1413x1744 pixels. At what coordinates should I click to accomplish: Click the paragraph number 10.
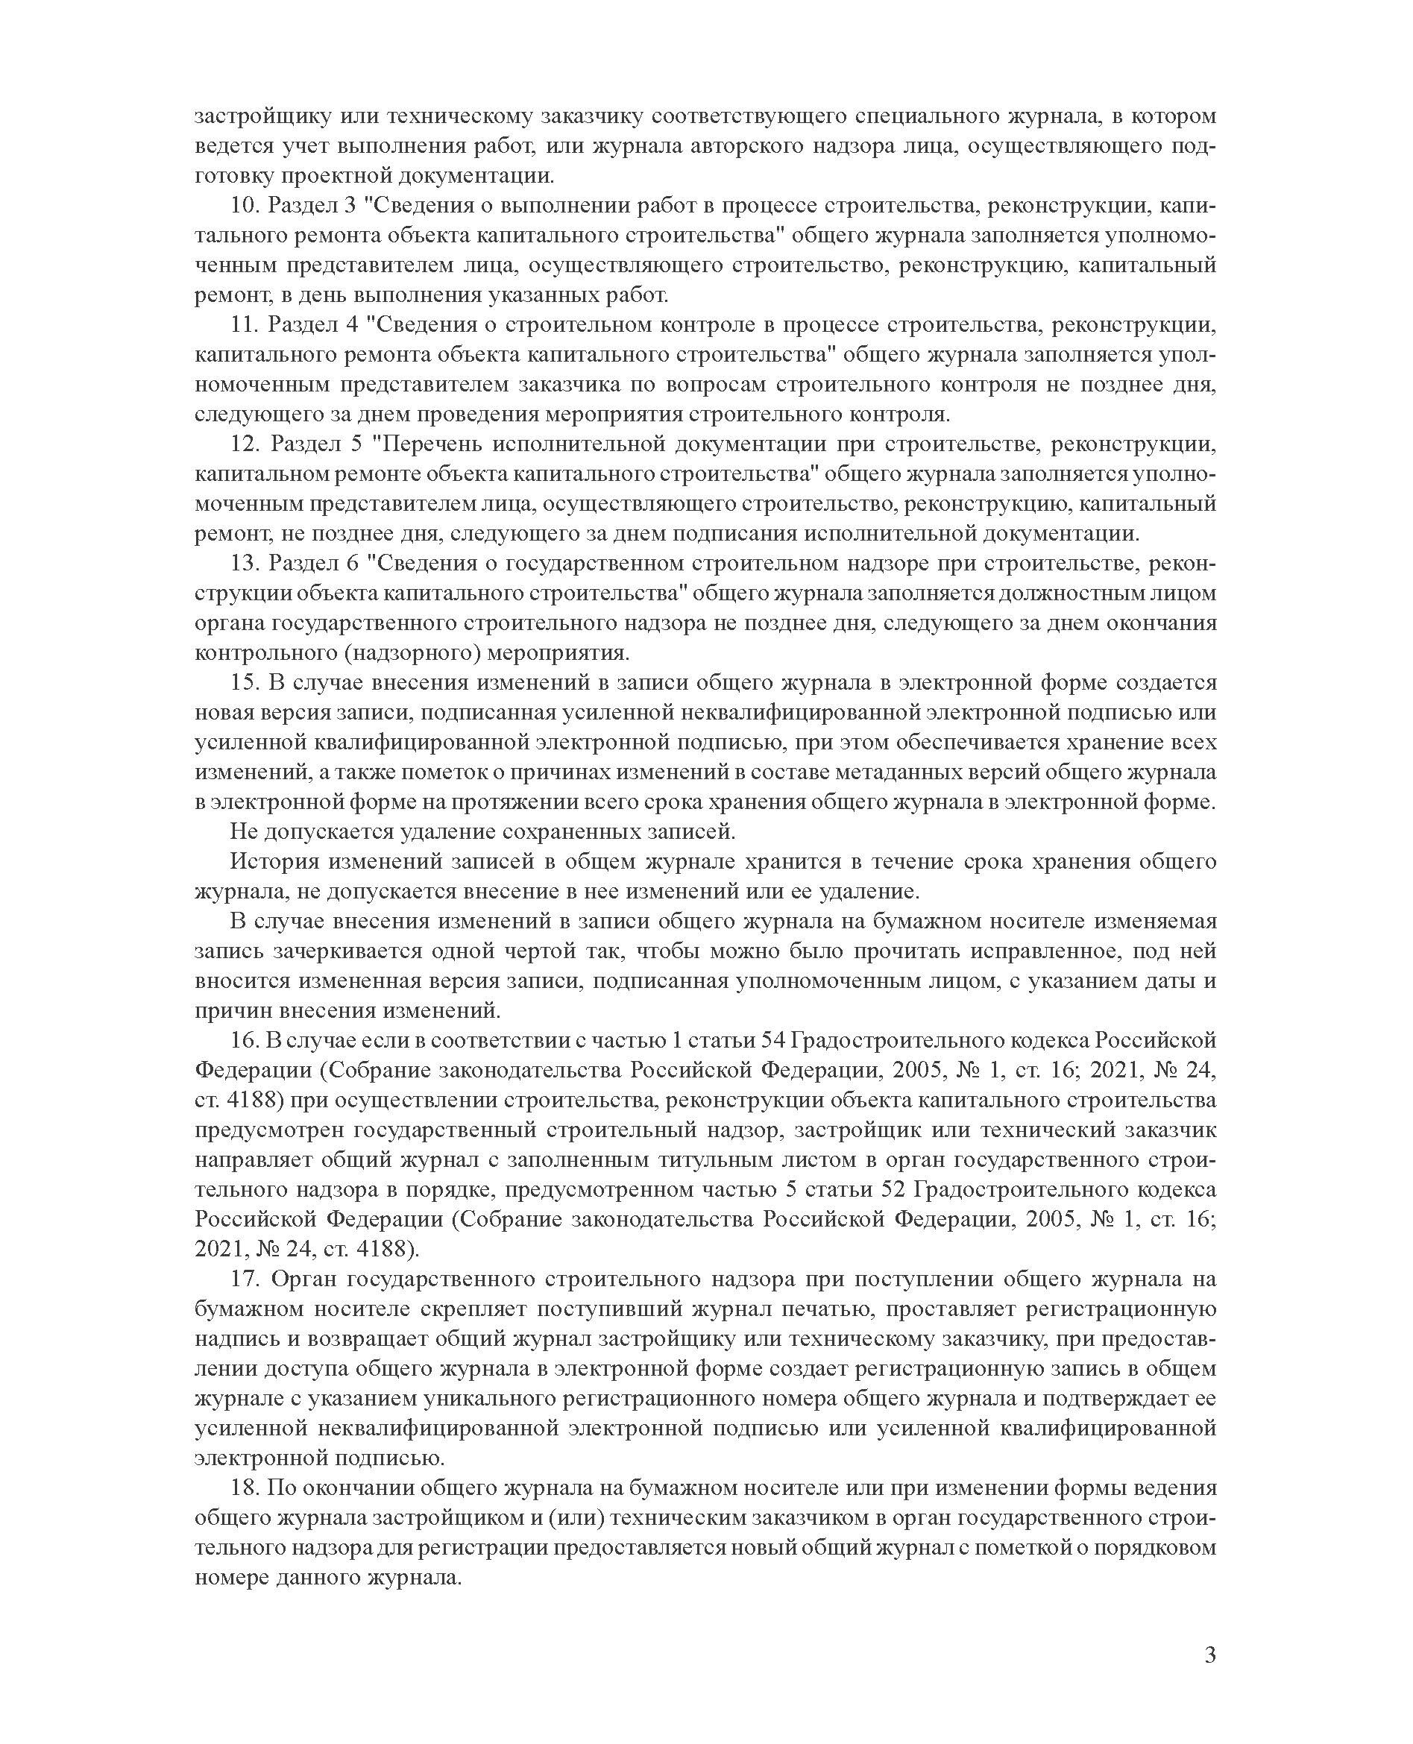242,206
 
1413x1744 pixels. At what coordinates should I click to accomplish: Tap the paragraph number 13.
242,564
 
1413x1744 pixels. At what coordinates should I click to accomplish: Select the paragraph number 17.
242,1279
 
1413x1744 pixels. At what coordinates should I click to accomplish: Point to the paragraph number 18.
242,1488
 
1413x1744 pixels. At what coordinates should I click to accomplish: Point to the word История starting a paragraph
268,862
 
